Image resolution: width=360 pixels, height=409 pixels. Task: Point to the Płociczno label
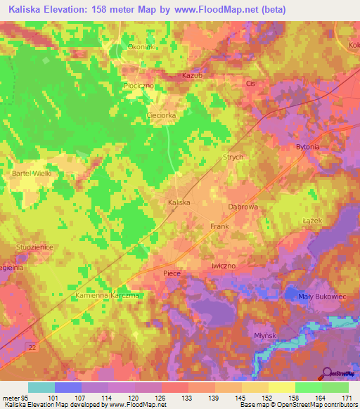pyautogui.click(x=138, y=86)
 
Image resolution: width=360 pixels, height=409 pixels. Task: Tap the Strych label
pyautogui.click(x=232, y=157)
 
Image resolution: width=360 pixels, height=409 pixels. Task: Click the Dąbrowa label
pyautogui.click(x=244, y=207)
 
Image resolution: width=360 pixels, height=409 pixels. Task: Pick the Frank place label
pyautogui.click(x=219, y=226)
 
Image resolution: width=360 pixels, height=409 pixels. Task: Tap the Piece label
pyautogui.click(x=172, y=273)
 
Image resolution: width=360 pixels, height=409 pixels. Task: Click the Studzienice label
pyautogui.click(x=35, y=247)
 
